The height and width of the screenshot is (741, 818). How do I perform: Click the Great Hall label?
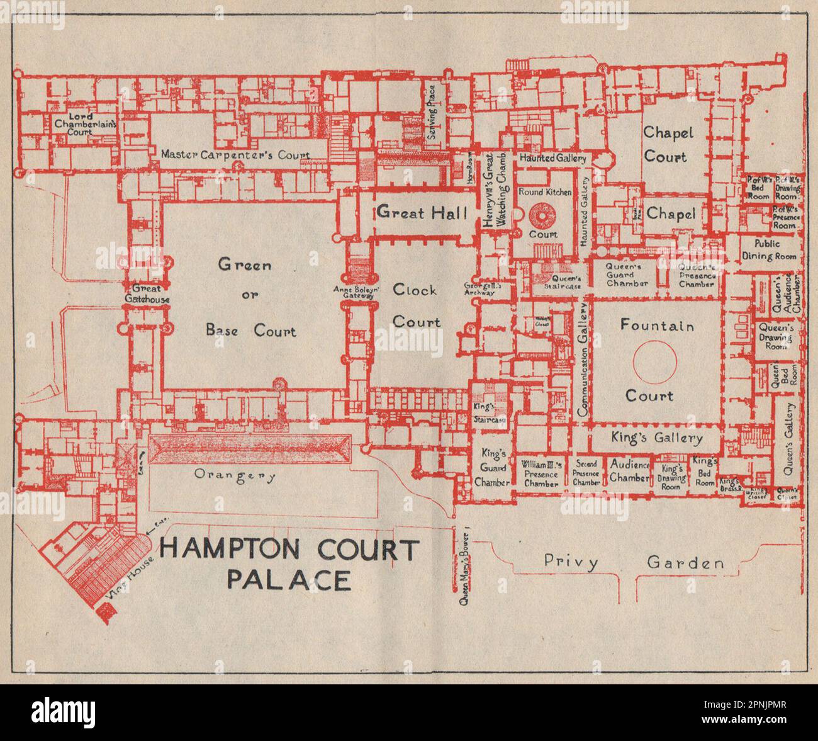pyautogui.click(x=422, y=213)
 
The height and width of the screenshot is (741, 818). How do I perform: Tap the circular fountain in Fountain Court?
pyautogui.click(x=654, y=361)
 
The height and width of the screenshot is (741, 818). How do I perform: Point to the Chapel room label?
pyautogui.click(x=671, y=214)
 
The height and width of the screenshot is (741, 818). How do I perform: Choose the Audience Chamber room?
pyautogui.click(x=629, y=471)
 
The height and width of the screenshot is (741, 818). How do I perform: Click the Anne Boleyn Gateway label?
pyautogui.click(x=356, y=292)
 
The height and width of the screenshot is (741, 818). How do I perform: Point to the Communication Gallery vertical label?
pyautogui.click(x=583, y=359)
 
